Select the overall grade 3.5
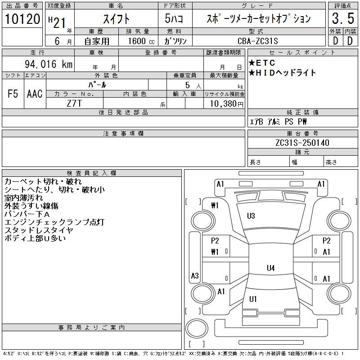pyautogui.click(x=342, y=19)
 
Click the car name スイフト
pyautogui.click(x=116, y=19)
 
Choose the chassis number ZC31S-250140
pyautogui.click(x=302, y=143)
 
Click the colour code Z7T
pyautogui.click(x=74, y=103)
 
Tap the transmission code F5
pyautogui.click(x=13, y=94)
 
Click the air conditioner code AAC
pyautogui.click(x=35, y=94)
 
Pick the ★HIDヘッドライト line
pyautogui.click(x=282, y=72)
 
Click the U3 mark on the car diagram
pyautogui.click(x=251, y=216)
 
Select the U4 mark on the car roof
pyautogui.click(x=270, y=268)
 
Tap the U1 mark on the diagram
pyautogui.click(x=253, y=299)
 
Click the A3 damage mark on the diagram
pyautogui.click(x=195, y=276)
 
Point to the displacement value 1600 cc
pyautogui.click(x=137, y=41)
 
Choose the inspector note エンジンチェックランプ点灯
pyautogui.click(x=54, y=222)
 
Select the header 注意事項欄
pyautogui.click(x=123, y=134)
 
